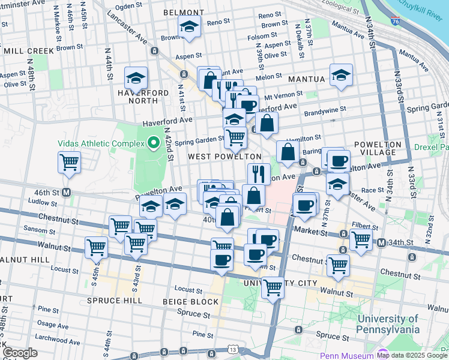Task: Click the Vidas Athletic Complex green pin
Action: click(x=153, y=143)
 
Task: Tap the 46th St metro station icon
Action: click(x=66, y=193)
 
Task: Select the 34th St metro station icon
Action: click(x=382, y=242)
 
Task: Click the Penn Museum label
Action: click(x=349, y=355)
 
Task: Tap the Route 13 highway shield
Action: click(x=232, y=349)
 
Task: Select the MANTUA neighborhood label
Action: click(x=306, y=79)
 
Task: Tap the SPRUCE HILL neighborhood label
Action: click(x=105, y=300)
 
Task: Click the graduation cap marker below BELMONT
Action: click(x=189, y=27)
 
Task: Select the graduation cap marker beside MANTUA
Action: click(x=341, y=75)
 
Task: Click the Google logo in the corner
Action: click(x=20, y=353)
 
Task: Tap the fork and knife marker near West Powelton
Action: click(x=259, y=174)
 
